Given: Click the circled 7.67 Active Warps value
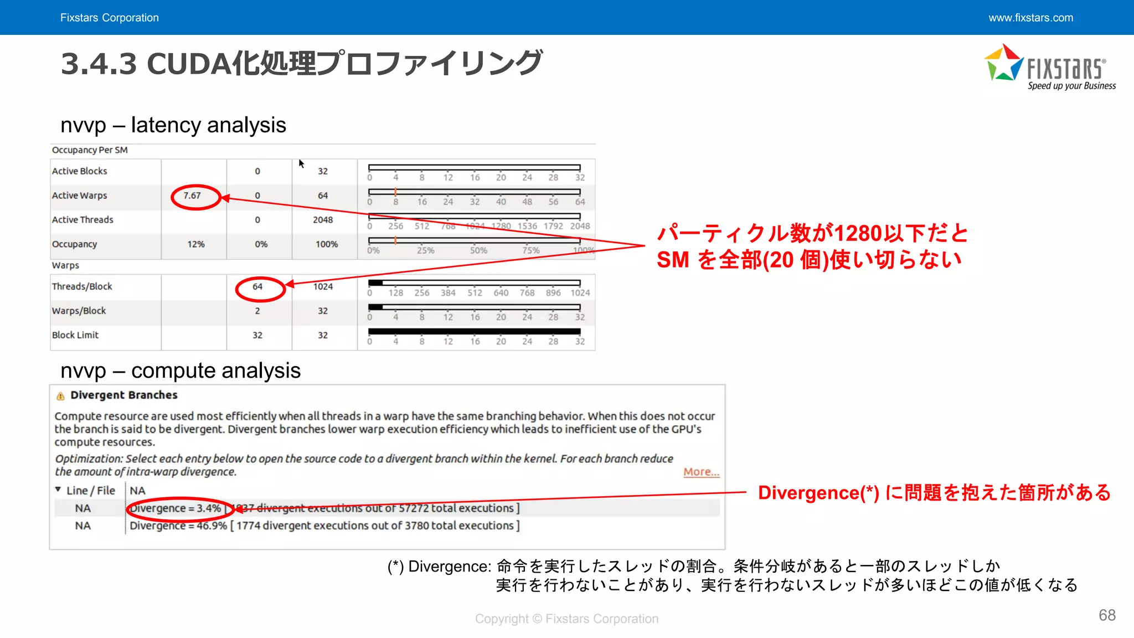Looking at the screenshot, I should tap(192, 195).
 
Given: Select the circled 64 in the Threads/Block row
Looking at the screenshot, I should tap(257, 286).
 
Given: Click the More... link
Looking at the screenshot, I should tap(701, 472).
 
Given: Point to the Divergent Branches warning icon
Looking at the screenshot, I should tap(60, 395).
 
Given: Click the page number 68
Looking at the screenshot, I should tap(1107, 615).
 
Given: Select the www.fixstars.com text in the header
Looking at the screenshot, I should tap(1030, 18).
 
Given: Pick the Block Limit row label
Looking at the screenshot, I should tap(75, 335).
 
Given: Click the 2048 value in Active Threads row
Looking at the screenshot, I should tap(323, 220).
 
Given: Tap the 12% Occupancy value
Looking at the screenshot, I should tap(196, 244).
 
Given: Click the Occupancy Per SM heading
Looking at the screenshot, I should tap(90, 150).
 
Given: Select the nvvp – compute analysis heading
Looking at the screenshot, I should tap(181, 371).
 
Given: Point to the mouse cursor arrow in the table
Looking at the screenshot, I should tap(301, 163).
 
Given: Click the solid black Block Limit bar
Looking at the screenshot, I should tap(474, 332).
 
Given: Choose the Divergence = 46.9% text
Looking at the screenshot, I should tap(178, 526).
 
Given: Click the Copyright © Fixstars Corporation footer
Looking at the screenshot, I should tap(566, 619).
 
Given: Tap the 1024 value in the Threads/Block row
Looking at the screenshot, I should tap(323, 286).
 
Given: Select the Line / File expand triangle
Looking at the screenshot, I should tap(58, 490).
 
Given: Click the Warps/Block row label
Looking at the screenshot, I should tap(79, 311).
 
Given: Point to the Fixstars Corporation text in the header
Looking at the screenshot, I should tap(110, 18).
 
